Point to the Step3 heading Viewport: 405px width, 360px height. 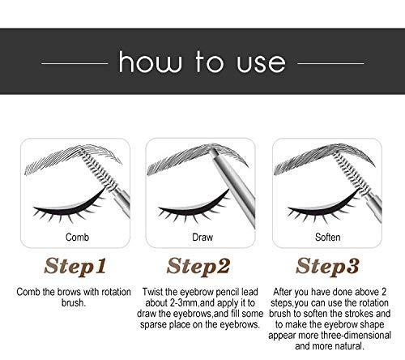pyautogui.click(x=328, y=268)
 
